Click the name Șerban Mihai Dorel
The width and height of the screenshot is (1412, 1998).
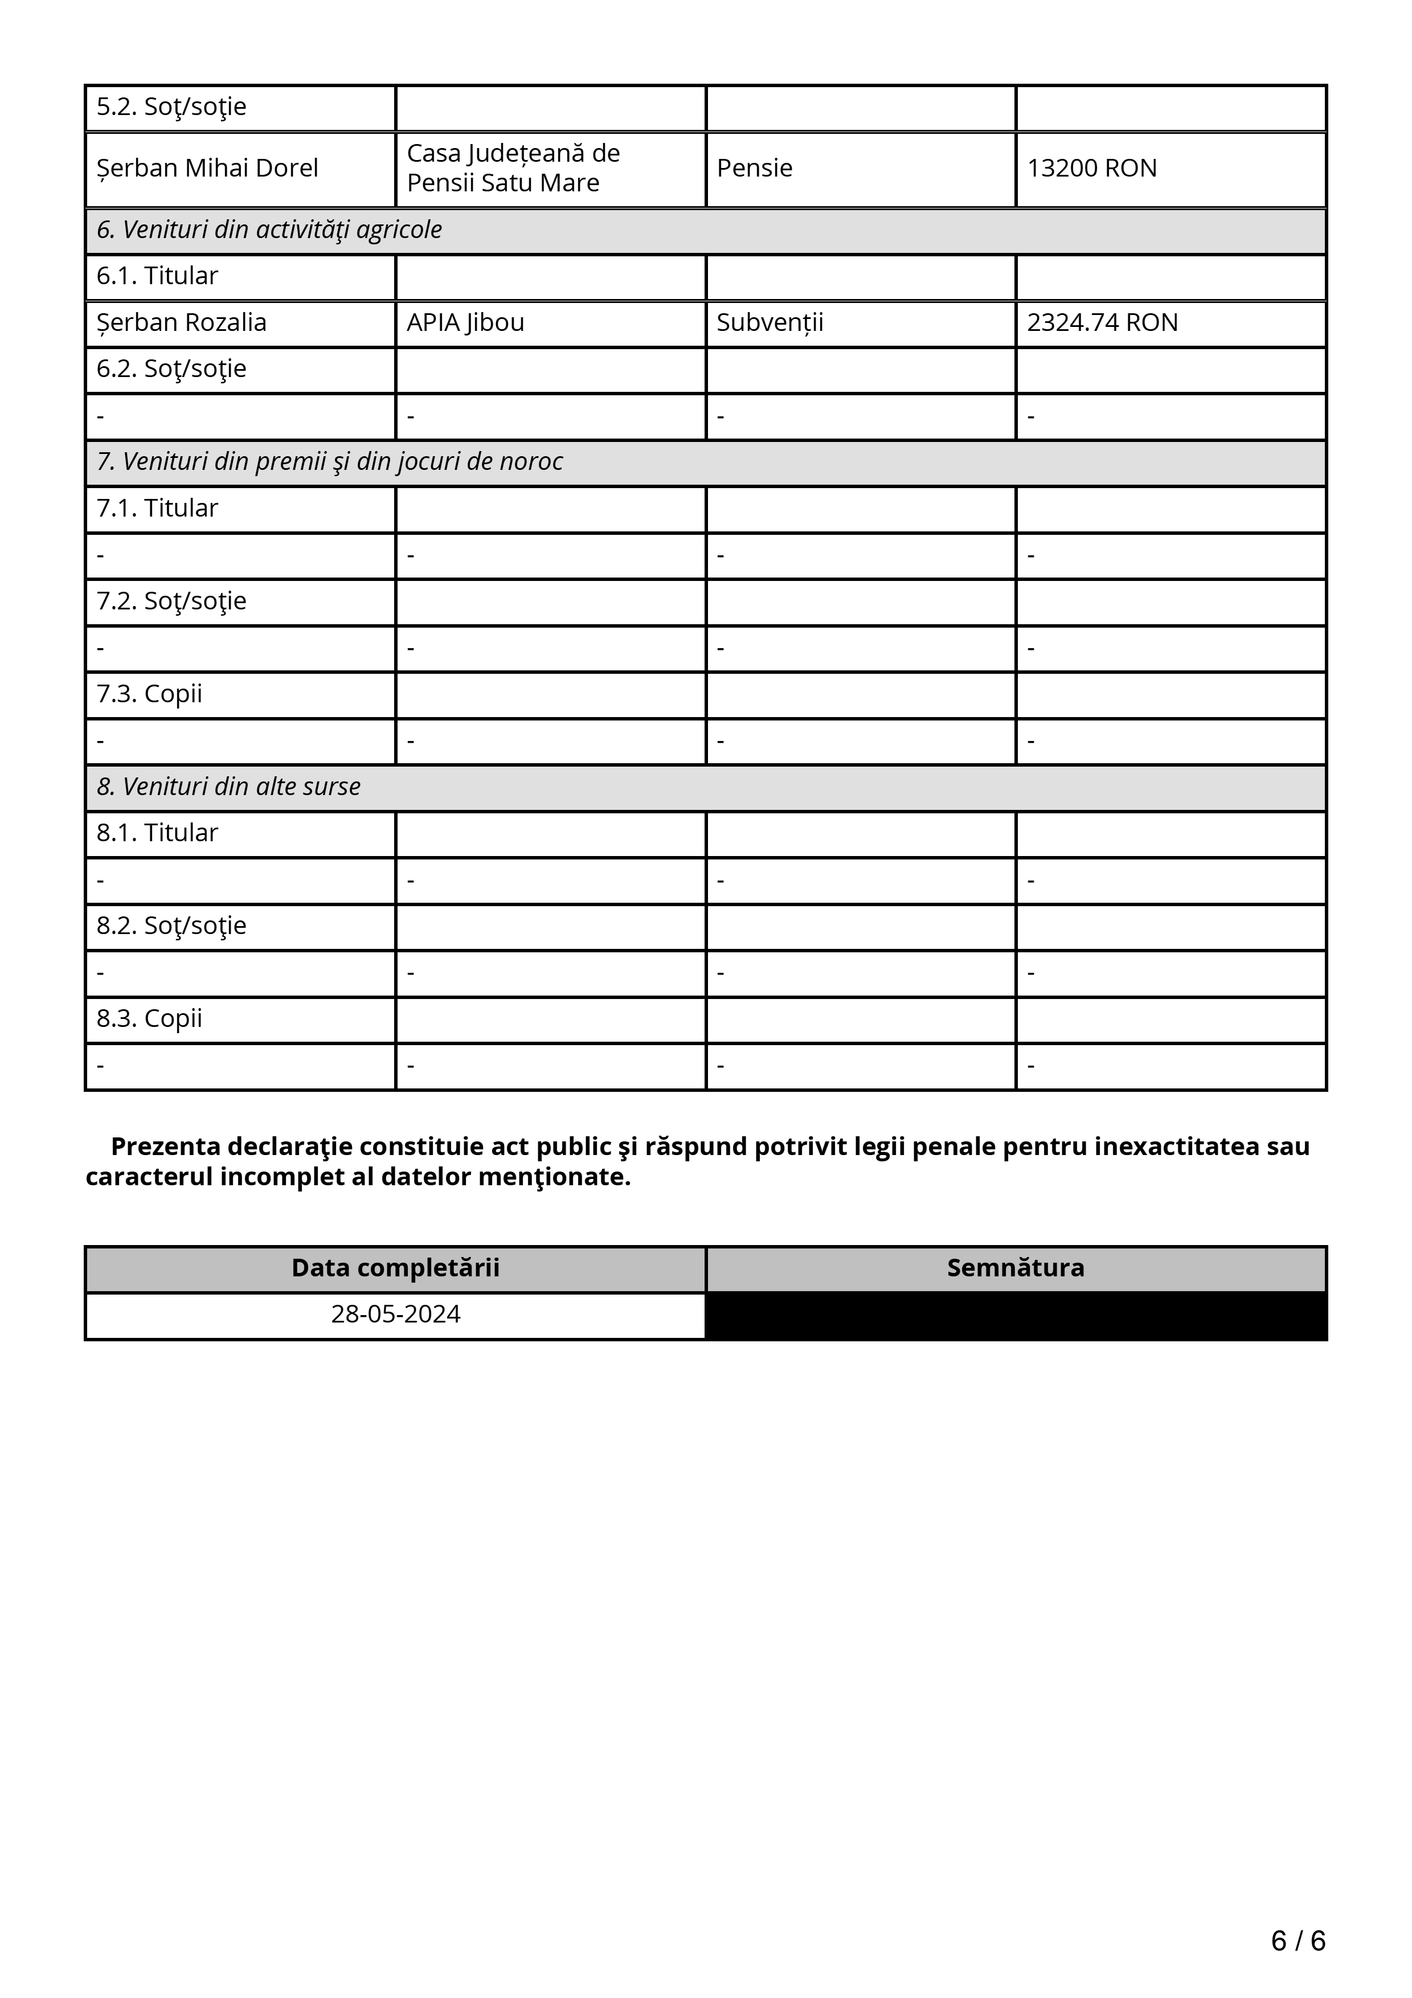coord(207,168)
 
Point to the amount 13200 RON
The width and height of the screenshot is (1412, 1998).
coord(1092,168)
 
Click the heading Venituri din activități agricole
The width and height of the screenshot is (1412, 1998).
coord(269,230)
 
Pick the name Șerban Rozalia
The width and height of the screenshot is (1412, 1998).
coord(181,323)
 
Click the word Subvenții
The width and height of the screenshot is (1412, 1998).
coord(770,323)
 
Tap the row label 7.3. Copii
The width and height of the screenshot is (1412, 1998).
coord(150,694)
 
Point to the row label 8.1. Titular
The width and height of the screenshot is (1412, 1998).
coord(157,833)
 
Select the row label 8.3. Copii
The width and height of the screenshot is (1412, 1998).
coord(150,1018)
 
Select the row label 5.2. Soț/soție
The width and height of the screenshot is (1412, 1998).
coord(171,107)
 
